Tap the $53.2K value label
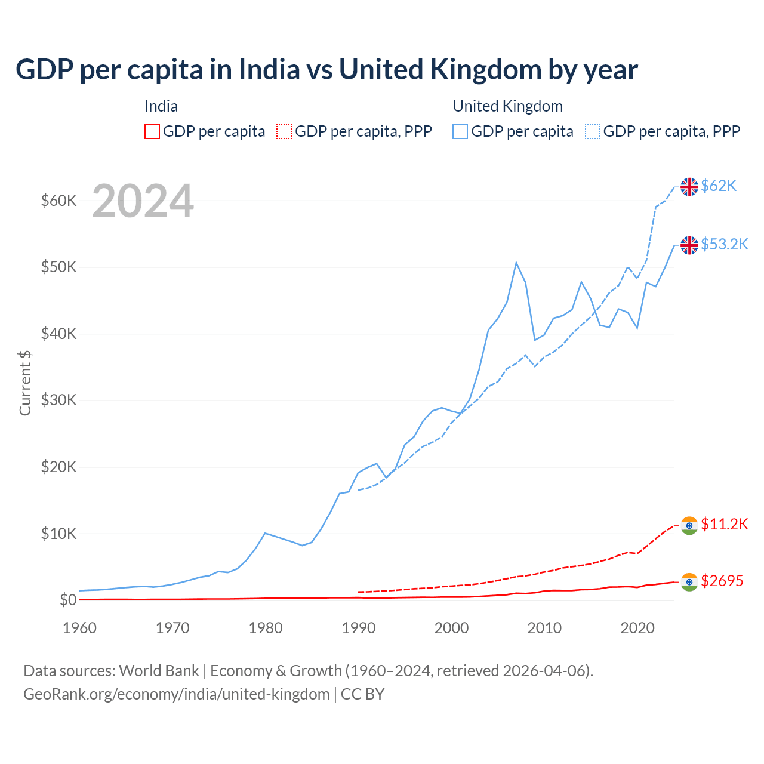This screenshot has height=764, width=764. (x=724, y=244)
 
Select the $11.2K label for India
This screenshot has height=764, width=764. (x=724, y=524)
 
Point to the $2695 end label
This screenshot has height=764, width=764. (x=722, y=581)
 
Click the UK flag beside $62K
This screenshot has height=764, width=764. (x=689, y=187)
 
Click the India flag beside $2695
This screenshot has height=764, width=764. (x=689, y=582)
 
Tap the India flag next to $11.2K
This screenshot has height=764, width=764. (x=689, y=525)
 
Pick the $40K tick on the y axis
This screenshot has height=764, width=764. (x=58, y=334)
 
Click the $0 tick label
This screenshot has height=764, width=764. (x=68, y=600)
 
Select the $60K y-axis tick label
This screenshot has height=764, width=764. (x=58, y=201)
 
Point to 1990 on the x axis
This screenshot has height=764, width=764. (x=358, y=628)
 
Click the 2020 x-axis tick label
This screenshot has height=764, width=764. (x=637, y=628)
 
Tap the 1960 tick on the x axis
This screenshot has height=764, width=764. (x=79, y=628)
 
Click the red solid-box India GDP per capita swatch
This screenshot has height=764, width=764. (x=152, y=131)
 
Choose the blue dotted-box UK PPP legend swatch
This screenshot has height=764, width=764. (x=593, y=131)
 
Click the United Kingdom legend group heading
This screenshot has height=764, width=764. (x=507, y=106)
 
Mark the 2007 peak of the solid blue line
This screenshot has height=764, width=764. (x=516, y=263)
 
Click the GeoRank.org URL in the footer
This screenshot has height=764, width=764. (x=176, y=694)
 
